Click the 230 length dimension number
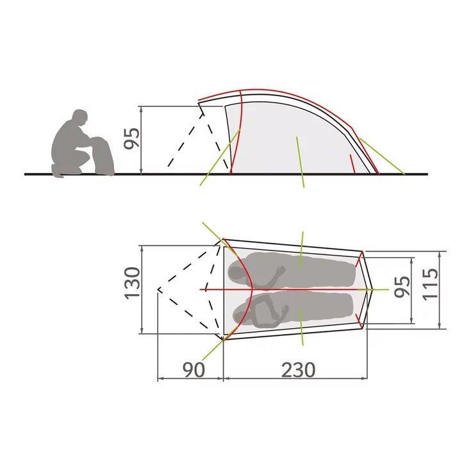tap(299, 370)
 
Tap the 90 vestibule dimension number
tap(194, 370)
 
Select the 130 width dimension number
tap(133, 283)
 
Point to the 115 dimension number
tap(430, 284)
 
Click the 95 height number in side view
tap(132, 138)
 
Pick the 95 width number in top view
tap(402, 286)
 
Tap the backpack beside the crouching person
tap(103, 156)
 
